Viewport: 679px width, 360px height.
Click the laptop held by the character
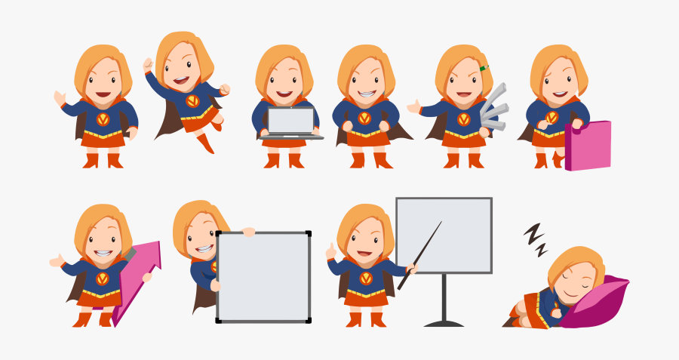(291, 123)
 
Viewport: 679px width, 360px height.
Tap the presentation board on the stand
(444, 235)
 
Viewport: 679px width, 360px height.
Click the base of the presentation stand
(444, 323)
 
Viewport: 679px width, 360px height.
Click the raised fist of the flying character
(148, 65)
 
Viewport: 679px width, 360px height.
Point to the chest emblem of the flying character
(193, 100)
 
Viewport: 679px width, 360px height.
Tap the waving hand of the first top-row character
(60, 98)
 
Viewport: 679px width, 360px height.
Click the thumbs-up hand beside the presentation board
(330, 251)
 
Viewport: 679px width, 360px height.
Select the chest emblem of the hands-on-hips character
(365, 118)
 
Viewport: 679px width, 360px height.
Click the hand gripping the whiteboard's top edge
(248, 232)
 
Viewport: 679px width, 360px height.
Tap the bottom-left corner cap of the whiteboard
(219, 319)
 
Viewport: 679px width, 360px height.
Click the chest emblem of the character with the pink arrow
(103, 278)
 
